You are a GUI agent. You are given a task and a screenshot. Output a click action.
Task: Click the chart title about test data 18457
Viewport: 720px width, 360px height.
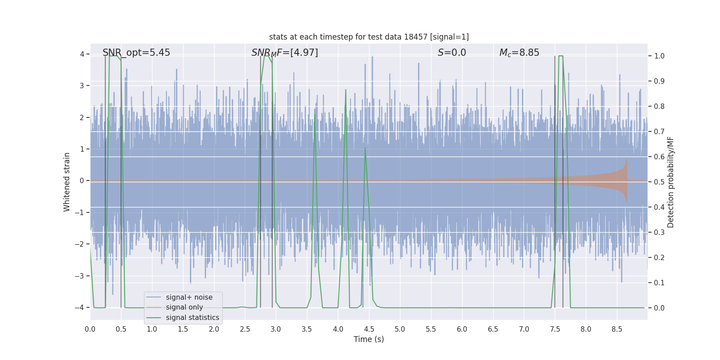369,37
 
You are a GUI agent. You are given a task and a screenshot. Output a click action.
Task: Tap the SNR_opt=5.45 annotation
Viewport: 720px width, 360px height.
136,53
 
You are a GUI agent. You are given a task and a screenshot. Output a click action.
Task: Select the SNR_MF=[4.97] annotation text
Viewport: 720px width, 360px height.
284,53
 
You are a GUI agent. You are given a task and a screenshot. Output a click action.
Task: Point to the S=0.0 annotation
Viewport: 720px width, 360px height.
452,53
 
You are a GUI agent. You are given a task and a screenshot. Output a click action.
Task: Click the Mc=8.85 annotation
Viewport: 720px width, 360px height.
519,53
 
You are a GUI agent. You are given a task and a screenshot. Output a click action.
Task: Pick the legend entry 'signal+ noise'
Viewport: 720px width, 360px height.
189,297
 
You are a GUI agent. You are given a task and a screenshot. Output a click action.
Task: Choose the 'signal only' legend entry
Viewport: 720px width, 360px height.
184,307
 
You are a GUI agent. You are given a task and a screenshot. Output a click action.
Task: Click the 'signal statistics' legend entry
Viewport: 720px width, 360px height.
192,318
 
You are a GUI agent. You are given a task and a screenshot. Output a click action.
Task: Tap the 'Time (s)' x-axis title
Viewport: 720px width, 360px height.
369,339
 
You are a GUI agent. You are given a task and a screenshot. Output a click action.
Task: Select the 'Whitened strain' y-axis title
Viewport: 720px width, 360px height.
67,182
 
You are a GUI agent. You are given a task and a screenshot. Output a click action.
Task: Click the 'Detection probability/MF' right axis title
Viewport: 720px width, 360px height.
670,182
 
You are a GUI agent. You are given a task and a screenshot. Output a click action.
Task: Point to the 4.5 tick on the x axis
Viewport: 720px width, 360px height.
369,329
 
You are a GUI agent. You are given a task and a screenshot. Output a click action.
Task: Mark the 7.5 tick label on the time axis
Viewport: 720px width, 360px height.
555,329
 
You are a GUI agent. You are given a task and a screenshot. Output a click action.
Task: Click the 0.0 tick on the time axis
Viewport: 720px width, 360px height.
90,329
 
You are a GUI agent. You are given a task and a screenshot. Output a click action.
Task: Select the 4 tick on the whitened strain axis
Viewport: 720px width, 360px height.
82,54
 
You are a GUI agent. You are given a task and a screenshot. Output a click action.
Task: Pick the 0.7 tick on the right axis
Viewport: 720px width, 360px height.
659,131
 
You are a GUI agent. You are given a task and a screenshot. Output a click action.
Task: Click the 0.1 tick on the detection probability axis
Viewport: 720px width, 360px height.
659,283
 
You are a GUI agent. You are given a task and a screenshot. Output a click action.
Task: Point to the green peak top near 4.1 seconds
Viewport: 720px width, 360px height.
346,90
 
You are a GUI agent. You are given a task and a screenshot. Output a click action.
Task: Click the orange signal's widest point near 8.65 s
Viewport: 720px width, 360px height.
626,181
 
